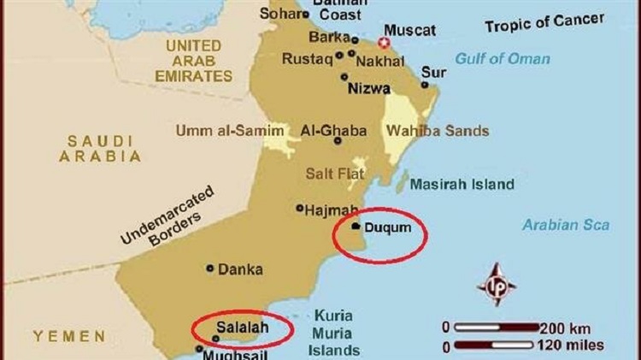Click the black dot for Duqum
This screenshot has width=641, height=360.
[x=355, y=227]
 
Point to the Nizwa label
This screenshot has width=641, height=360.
[x=368, y=87]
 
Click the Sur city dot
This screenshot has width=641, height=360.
[x=425, y=85]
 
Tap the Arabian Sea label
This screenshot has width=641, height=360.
[x=566, y=225]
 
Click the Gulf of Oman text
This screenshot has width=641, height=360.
[x=503, y=58]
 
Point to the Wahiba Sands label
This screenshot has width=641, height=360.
[x=438, y=131]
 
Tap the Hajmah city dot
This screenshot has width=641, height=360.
[x=299, y=208]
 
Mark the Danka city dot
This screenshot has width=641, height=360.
[x=210, y=268]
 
